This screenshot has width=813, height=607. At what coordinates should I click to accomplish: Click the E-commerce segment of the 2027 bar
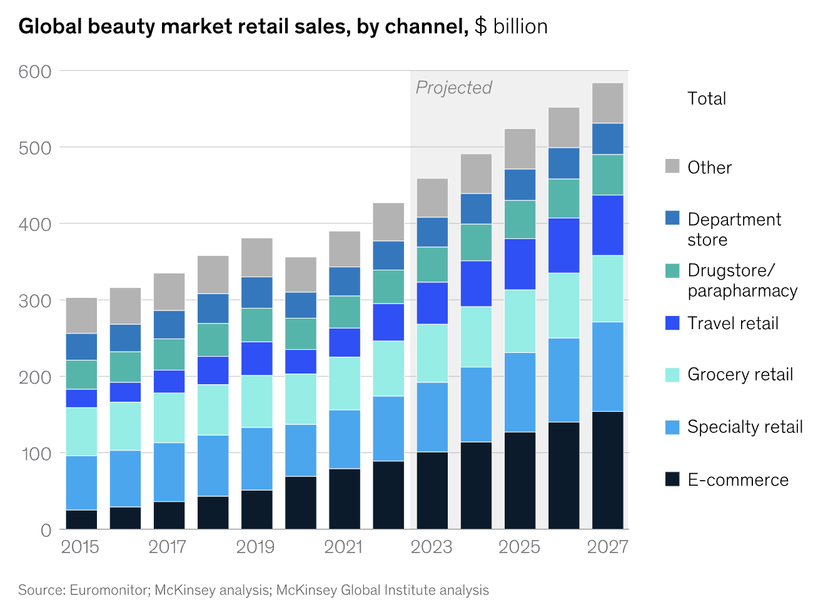[607, 469]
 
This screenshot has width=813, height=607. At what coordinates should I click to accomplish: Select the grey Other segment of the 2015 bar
[81, 315]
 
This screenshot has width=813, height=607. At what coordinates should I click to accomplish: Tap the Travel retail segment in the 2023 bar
[432, 303]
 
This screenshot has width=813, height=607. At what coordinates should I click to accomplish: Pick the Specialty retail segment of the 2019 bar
[256, 459]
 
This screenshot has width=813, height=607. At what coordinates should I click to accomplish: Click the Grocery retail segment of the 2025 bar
[520, 321]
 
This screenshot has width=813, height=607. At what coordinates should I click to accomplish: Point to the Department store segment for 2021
[345, 281]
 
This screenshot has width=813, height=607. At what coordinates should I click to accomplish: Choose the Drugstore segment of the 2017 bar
[169, 354]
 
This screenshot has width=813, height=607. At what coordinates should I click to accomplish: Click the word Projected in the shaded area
[454, 88]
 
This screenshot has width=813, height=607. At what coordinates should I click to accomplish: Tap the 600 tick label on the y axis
[35, 71]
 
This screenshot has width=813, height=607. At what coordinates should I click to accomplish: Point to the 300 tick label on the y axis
[35, 300]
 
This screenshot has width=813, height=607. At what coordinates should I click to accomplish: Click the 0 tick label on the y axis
[46, 530]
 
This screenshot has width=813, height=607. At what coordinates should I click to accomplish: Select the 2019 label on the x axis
[255, 547]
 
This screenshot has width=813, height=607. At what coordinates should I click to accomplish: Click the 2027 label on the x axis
[607, 547]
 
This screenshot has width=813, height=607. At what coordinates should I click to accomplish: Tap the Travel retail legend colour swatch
[672, 323]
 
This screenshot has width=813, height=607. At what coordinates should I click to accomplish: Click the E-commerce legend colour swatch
[672, 479]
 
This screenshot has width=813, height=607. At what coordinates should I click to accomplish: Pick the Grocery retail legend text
[740, 374]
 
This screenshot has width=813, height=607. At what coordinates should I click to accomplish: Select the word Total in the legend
[707, 98]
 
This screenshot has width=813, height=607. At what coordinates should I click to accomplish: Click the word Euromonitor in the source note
[109, 590]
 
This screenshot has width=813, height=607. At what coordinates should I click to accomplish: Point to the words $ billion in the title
[511, 26]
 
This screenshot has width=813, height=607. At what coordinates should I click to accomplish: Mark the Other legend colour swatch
[672, 166]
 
